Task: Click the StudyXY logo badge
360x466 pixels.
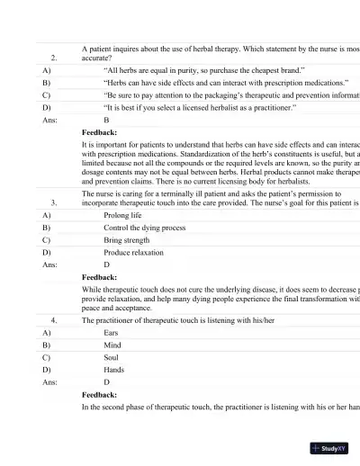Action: coord(331,447)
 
